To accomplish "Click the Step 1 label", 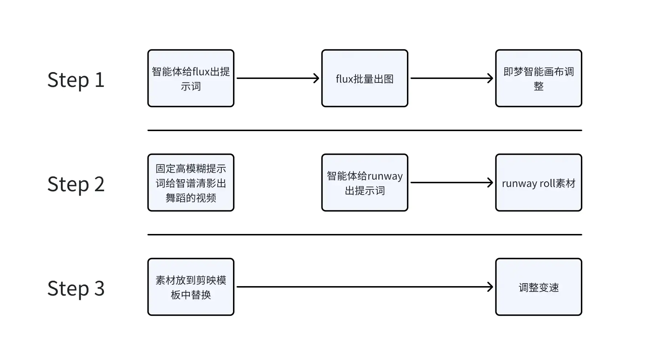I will coord(76,80).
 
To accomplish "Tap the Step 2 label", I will coord(76,184).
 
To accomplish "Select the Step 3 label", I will coord(76,288).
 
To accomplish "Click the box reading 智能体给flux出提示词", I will coord(191,78).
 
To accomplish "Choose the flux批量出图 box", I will coord(365,78).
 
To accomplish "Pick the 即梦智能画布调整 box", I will coord(538,78).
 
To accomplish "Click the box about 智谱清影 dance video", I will coord(191,183).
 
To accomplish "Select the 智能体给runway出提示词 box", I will coord(365,183).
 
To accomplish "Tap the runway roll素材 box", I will coord(538,183).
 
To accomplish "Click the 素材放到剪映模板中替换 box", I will coord(191,287).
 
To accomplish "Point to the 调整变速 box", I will coord(538,287).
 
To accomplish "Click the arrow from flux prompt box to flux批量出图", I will coord(278,78).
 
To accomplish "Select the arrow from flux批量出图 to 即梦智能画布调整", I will coord(451,78).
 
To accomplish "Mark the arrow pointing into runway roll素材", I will coord(451,183).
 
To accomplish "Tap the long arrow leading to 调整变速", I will coord(365,287).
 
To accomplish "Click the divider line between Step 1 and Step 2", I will coord(365,130).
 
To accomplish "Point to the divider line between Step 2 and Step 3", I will coord(365,235).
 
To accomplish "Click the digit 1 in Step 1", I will coord(99,80).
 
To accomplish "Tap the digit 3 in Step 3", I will coord(99,288).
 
